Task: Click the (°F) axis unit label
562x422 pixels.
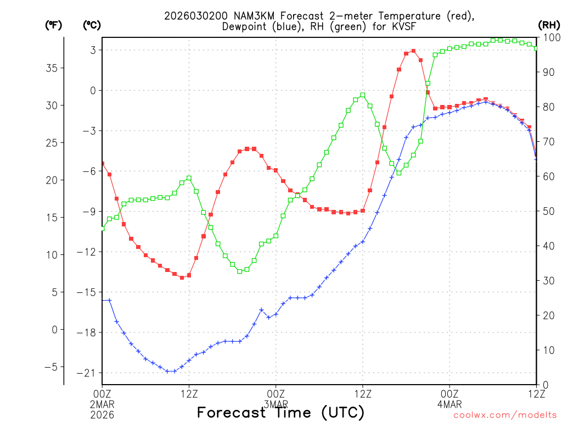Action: coord(53,25)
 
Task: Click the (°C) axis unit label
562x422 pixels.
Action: coord(92,25)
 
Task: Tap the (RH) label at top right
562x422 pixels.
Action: coord(548,25)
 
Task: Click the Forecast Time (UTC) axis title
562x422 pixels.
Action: coord(280,412)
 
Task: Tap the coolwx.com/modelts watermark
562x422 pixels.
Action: coord(504,415)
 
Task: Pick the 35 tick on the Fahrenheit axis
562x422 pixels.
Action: coord(55,68)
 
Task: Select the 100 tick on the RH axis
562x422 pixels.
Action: coord(550,37)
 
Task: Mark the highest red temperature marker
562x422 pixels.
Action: coord(413,51)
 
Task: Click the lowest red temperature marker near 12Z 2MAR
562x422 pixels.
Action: coord(182,277)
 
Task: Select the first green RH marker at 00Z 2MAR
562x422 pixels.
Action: coord(102,228)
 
